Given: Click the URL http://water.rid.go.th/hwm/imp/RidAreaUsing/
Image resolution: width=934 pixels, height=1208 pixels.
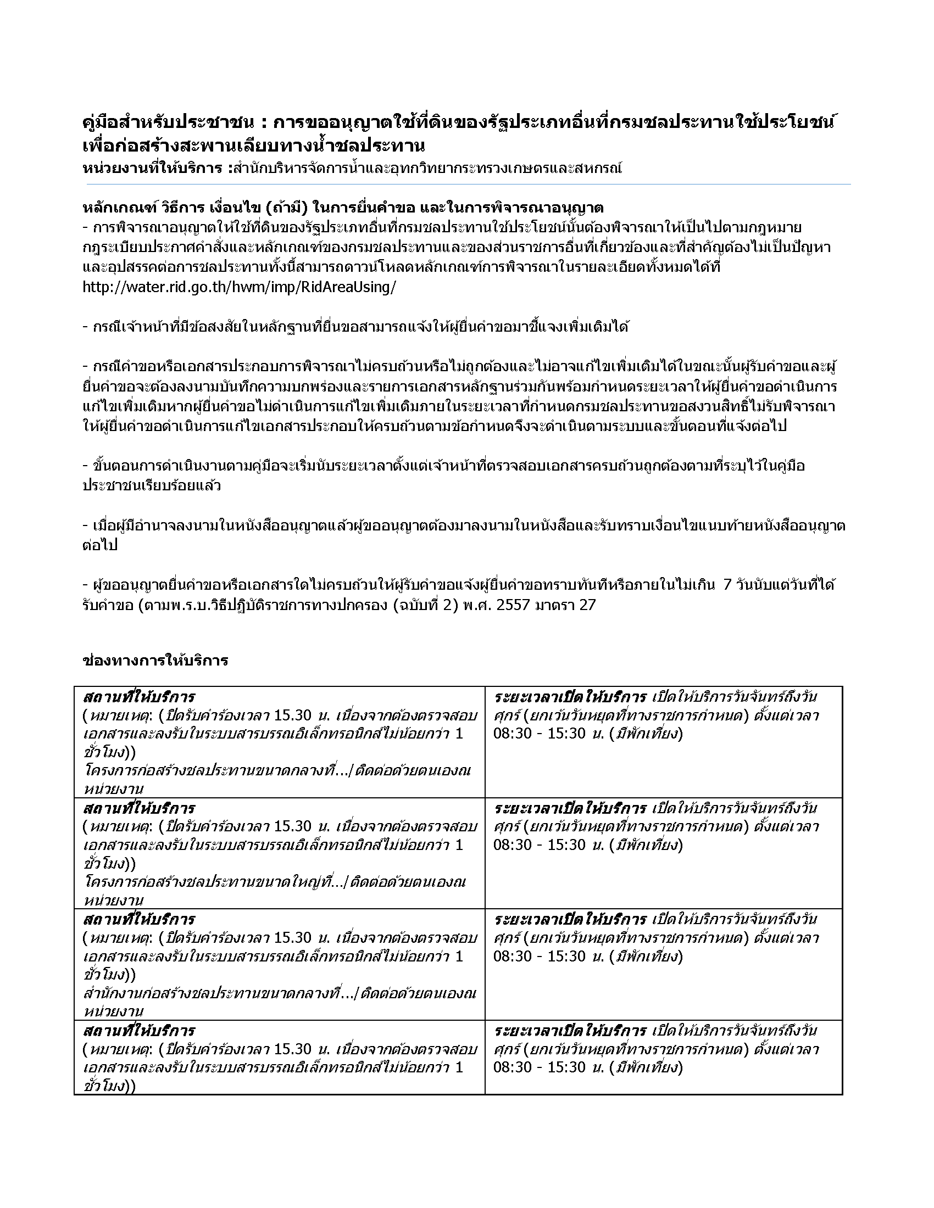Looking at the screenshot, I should [x=239, y=288].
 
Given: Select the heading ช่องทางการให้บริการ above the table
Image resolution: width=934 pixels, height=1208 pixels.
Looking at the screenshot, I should [x=155, y=661].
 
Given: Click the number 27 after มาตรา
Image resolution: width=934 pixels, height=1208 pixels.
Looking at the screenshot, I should [x=587, y=605].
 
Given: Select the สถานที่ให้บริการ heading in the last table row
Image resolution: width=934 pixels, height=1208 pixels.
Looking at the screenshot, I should [x=139, y=1031].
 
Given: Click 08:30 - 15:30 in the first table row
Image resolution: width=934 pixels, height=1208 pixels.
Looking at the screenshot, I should [x=540, y=734].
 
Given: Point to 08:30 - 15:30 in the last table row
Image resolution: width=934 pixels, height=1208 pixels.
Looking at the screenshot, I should [x=540, y=1067].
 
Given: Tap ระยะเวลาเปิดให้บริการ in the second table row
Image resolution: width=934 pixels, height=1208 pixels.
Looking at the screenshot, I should [x=570, y=808].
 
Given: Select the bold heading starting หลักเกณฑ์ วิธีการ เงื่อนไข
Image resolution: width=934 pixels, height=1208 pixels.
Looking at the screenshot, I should [x=342, y=208].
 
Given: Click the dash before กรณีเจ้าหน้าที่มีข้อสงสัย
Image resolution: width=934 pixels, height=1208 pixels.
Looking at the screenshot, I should [x=85, y=327].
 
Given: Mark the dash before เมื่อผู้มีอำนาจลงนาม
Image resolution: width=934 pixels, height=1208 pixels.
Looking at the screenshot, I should [x=85, y=525].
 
